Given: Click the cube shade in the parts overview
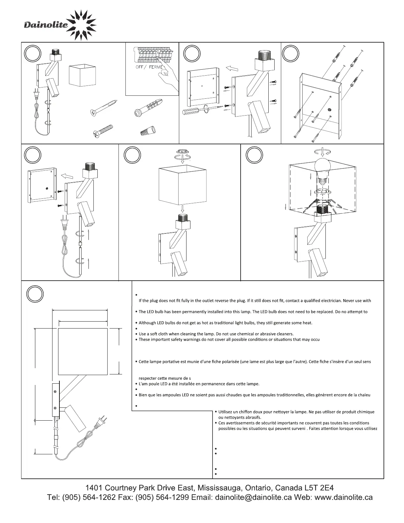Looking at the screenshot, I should (x=82, y=75).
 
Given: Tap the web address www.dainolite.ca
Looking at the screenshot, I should (x=344, y=498).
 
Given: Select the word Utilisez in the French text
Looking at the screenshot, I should (x=226, y=412).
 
